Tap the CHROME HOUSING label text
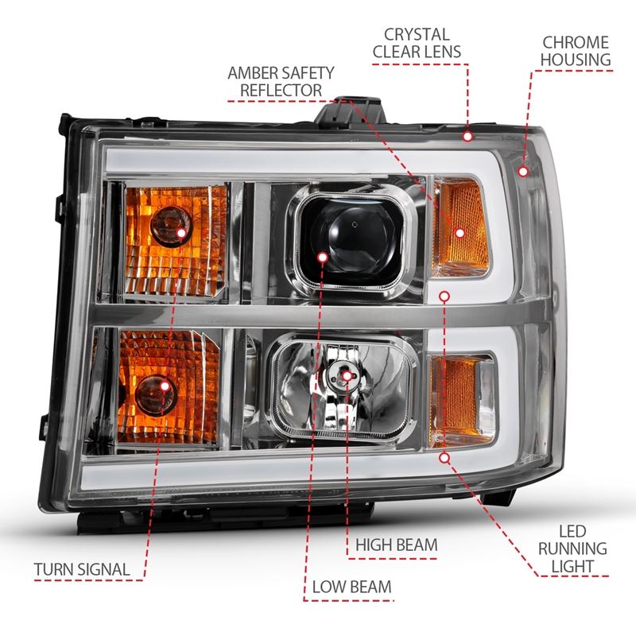pyautogui.click(x=576, y=50)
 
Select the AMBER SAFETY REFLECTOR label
pyautogui.click(x=282, y=81)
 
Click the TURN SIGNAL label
pyautogui.click(x=83, y=569)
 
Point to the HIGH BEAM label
pyautogui.click(x=397, y=545)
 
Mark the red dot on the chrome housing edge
pyautogui.click(x=522, y=169)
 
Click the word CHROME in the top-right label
pyautogui.click(x=576, y=41)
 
